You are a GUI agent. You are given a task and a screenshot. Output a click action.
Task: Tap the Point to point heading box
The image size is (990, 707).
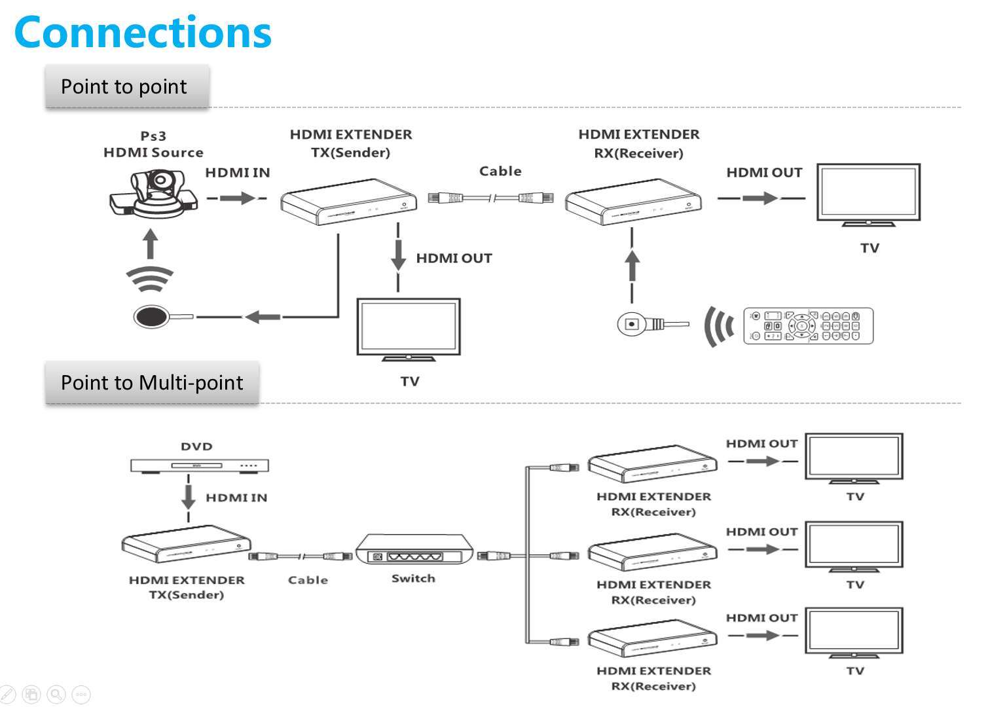pyautogui.click(x=127, y=86)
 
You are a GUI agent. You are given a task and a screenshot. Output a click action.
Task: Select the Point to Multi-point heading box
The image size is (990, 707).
pyautogui.click(x=152, y=382)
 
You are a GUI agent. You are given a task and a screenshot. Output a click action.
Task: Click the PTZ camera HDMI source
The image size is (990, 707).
pyautogui.click(x=153, y=194)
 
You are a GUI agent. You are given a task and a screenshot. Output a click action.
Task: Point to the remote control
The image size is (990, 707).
pyautogui.click(x=808, y=325)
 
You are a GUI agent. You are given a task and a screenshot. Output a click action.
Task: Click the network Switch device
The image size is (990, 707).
pyautogui.click(x=414, y=549)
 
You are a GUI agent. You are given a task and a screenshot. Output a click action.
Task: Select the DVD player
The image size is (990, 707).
pyautogui.click(x=199, y=465)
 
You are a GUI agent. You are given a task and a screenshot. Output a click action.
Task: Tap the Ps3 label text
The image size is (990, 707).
pyautogui.click(x=153, y=136)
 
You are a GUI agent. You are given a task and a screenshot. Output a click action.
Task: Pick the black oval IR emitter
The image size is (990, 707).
pyautogui.click(x=151, y=316)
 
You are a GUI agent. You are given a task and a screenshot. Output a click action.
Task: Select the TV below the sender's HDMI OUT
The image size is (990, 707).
pyautogui.click(x=409, y=329)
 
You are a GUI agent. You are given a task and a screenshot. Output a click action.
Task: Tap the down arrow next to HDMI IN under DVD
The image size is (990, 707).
pyautogui.click(x=189, y=498)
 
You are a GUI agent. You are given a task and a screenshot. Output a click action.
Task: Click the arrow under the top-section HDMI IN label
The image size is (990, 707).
pyautogui.click(x=237, y=198)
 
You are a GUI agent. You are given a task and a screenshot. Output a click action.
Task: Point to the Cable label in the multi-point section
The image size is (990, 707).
pyautogui.click(x=308, y=580)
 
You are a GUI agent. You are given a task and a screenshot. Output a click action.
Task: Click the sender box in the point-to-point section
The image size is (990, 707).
pyautogui.click(x=349, y=202)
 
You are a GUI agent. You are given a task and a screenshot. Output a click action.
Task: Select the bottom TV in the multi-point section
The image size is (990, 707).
pyautogui.click(x=854, y=633)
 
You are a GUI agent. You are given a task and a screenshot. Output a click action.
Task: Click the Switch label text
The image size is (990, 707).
pyautogui.click(x=414, y=579)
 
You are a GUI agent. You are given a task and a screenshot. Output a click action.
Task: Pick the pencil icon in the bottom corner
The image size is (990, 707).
pyautogui.click(x=7, y=694)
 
